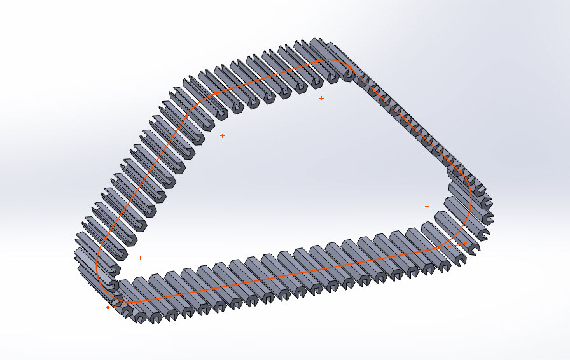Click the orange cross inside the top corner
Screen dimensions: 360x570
point(321,98)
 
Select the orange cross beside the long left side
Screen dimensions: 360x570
point(222,135)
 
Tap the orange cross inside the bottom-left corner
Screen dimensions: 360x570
point(140,258)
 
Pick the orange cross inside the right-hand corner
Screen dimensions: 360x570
point(427,206)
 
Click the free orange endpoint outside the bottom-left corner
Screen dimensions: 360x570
point(108,307)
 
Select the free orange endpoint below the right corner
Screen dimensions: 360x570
point(465,243)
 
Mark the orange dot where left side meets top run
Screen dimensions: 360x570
point(216,93)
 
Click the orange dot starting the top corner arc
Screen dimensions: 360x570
point(316,62)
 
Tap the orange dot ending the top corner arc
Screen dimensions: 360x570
point(350,68)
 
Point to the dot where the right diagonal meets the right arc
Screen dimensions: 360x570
point(461,172)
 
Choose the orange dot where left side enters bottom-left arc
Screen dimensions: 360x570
point(105,239)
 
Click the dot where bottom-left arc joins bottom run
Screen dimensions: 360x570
point(134,301)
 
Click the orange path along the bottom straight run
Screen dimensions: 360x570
point(286,275)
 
